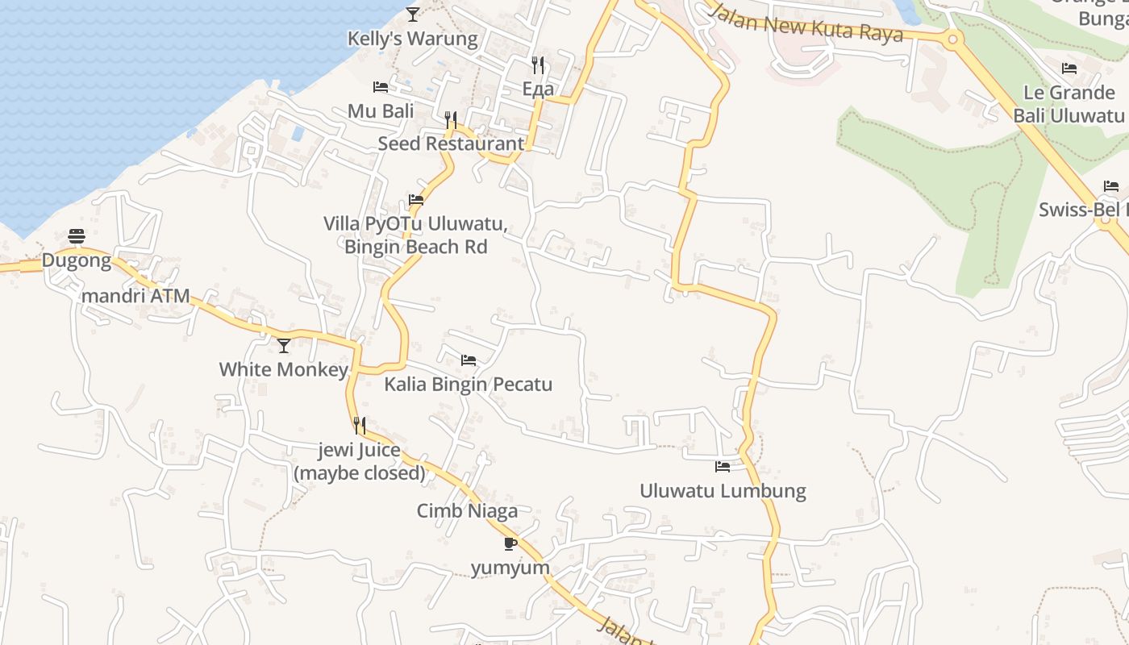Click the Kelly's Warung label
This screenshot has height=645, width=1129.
pyautogui.click(x=412, y=38)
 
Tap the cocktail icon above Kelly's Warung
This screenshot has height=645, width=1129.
pyautogui.click(x=412, y=14)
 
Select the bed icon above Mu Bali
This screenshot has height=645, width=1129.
pyautogui.click(x=381, y=87)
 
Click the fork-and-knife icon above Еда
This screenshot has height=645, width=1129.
pyautogui.click(x=538, y=64)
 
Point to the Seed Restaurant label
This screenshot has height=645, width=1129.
pyautogui.click(x=451, y=144)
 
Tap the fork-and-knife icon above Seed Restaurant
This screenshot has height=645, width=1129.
pyautogui.click(x=451, y=120)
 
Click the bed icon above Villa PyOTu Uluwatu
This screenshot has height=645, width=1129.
pyautogui.click(x=416, y=199)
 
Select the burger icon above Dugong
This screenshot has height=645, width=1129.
pyautogui.click(x=77, y=235)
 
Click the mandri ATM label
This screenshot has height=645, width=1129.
pyautogui.click(x=135, y=296)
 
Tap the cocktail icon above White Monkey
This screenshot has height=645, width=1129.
pyautogui.click(x=284, y=346)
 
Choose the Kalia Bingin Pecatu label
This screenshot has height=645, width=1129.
pyautogui.click(x=468, y=384)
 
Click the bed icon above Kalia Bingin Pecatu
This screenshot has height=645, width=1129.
pyautogui.click(x=468, y=360)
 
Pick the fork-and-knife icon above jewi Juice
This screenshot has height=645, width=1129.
pyautogui.click(x=360, y=425)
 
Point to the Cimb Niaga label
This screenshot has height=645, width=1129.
pyautogui.click(x=467, y=510)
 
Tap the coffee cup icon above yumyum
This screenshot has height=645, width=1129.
pyautogui.click(x=510, y=543)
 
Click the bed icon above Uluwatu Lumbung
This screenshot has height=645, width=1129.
pyautogui.click(x=723, y=467)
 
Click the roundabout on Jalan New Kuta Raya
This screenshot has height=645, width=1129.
pyautogui.click(x=952, y=38)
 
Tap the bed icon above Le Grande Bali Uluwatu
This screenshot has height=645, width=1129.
pyautogui.click(x=1069, y=69)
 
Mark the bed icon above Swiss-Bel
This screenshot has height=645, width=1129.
pyautogui.click(x=1111, y=186)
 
